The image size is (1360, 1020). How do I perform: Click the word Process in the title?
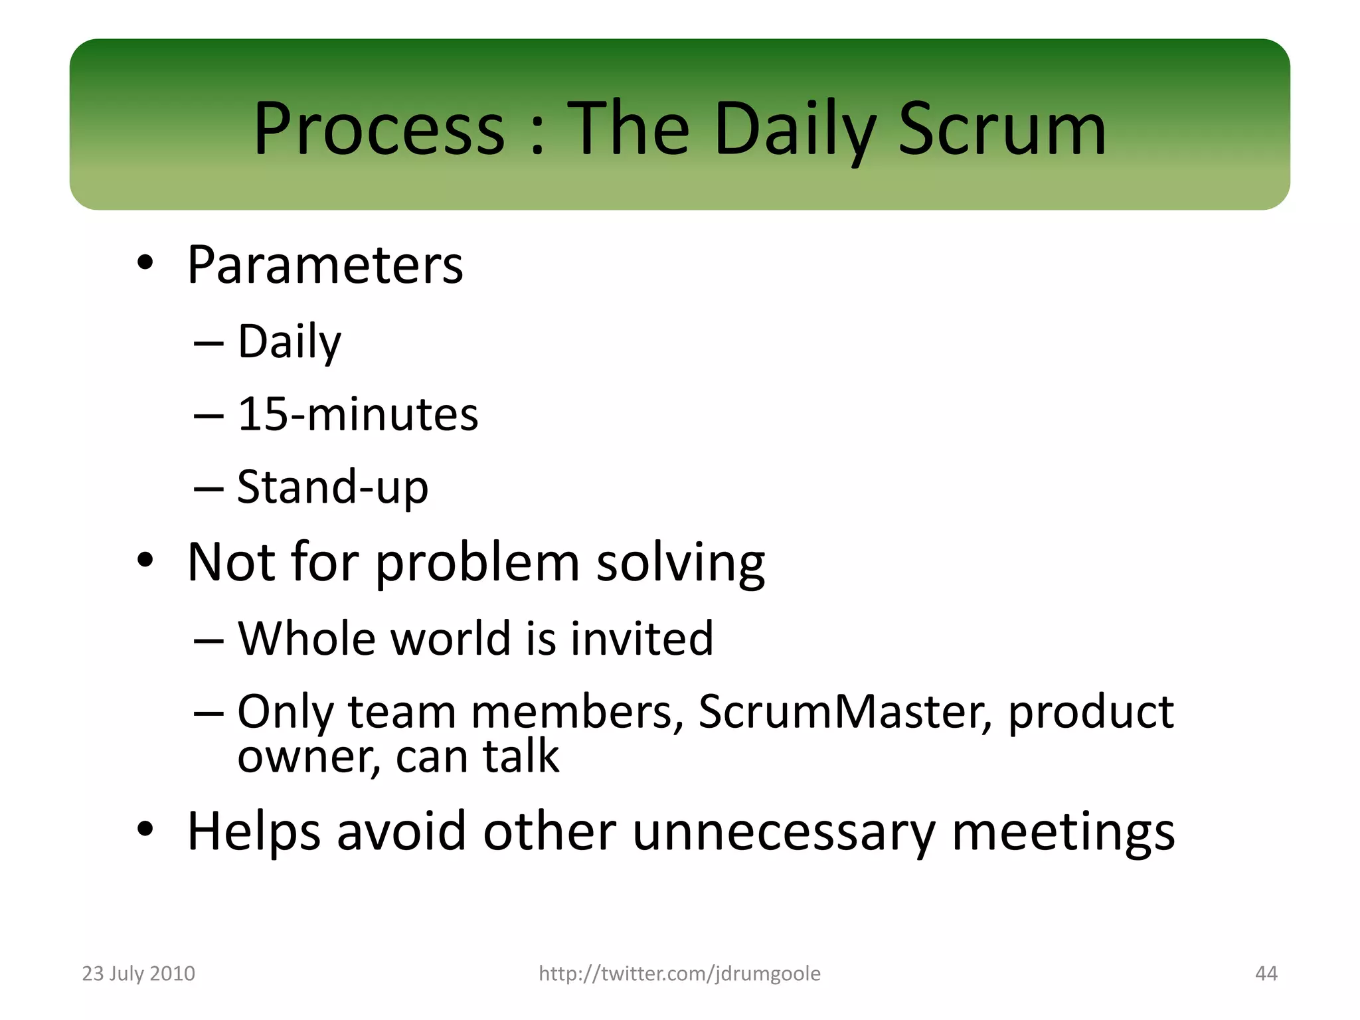379,129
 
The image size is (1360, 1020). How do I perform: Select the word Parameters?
325,265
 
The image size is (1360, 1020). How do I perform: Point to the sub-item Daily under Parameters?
290,341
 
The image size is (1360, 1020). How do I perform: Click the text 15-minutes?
357,414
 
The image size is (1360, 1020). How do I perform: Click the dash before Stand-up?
209,488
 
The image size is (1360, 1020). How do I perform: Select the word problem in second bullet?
477,563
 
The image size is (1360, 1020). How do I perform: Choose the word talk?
521,756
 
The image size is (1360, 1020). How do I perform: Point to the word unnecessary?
783,831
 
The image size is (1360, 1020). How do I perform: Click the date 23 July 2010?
138,974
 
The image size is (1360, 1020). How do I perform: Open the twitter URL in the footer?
679,974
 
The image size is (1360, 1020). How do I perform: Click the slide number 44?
1266,974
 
